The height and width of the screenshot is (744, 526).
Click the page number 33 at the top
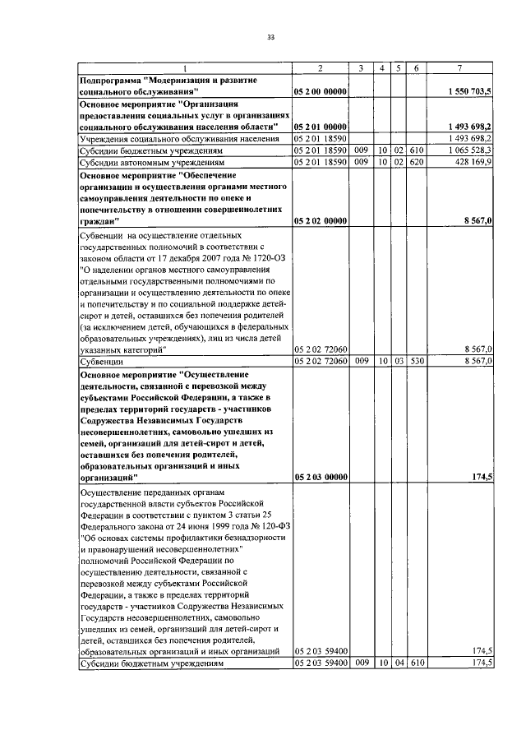(x=270, y=36)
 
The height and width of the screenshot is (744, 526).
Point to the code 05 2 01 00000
(x=321, y=127)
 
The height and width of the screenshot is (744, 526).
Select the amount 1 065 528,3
(x=470, y=151)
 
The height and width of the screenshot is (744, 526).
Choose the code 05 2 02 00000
(x=321, y=221)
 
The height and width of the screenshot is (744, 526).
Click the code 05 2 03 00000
(x=321, y=477)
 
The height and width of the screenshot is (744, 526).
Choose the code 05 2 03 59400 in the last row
(x=321, y=663)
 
